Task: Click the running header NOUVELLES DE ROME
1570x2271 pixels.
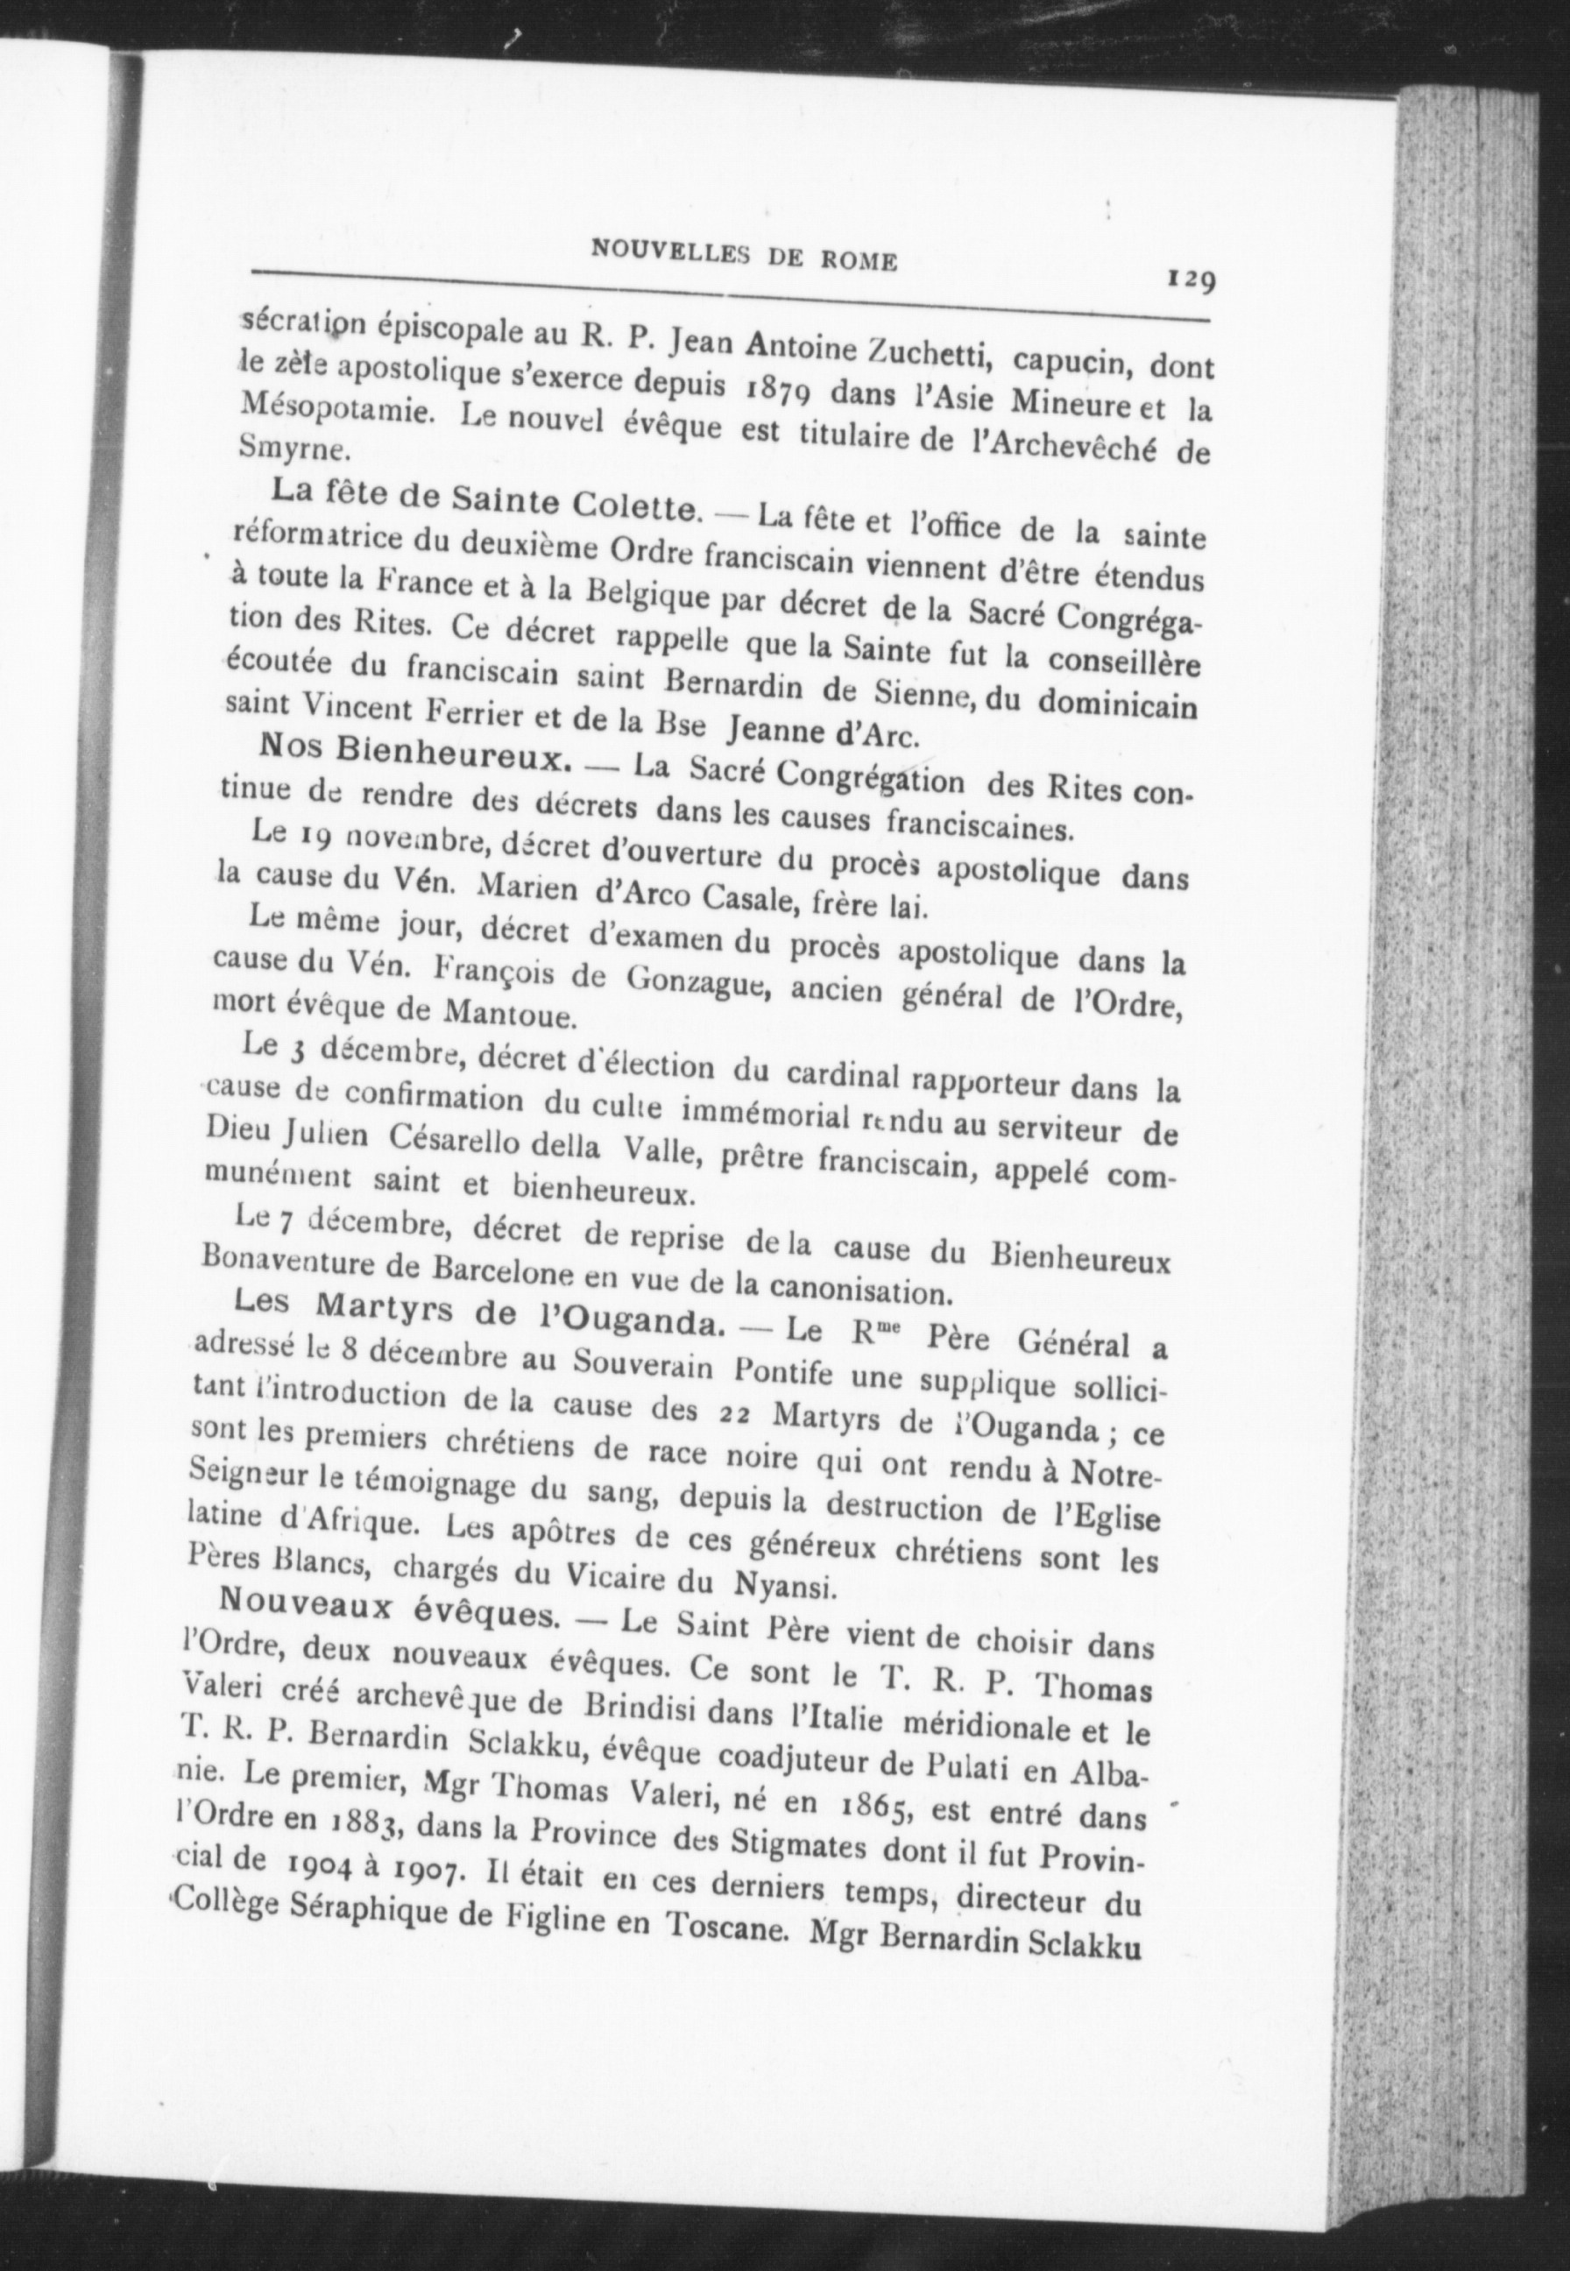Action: [743, 256]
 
